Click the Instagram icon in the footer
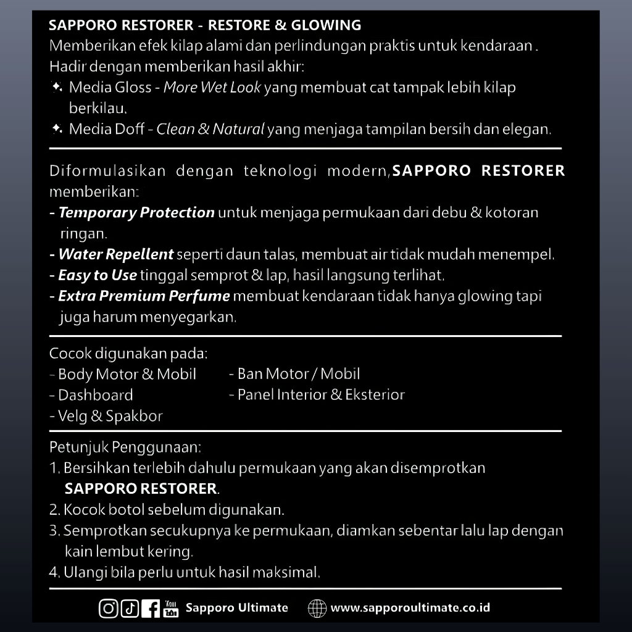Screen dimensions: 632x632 108,609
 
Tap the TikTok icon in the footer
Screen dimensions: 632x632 130,609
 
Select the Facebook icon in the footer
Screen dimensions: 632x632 150,609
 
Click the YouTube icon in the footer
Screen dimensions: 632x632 171,609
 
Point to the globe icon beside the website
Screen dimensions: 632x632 317,609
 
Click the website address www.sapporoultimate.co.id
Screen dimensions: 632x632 410,608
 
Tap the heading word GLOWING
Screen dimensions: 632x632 326,25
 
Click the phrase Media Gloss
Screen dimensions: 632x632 110,88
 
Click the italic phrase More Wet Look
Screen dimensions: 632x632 212,88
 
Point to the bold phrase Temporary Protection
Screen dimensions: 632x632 136,213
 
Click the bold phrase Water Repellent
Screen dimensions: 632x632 115,254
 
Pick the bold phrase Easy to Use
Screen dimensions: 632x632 98,275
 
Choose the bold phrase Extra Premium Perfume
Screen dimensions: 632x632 144,296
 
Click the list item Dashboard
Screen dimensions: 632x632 95,395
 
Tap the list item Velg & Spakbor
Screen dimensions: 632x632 110,416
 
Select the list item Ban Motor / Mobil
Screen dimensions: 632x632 299,374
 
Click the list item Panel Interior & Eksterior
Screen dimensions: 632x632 321,395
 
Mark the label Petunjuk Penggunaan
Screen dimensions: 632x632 125,446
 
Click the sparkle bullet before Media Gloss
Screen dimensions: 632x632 57,88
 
